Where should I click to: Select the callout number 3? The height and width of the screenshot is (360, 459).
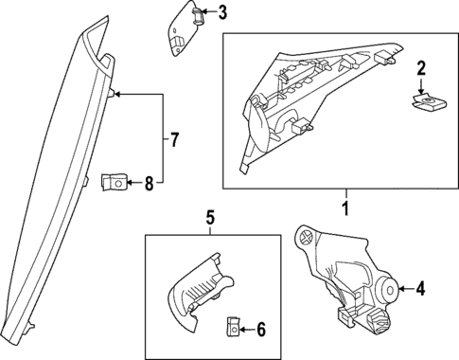222,12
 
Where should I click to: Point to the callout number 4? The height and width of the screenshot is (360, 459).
420,291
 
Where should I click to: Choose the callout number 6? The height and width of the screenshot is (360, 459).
261,329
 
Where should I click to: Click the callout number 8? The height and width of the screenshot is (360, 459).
149,183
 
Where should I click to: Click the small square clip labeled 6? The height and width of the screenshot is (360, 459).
232,328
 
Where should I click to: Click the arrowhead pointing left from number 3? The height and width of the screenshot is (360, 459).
203,13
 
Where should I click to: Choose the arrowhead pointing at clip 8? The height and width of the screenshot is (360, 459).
130,183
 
